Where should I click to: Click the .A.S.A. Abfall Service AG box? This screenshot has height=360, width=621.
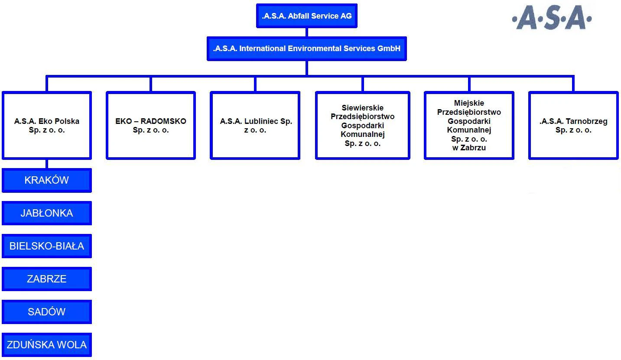tap(306, 16)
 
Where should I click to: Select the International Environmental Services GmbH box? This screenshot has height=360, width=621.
tap(306, 49)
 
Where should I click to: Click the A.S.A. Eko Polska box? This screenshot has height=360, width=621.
tap(47, 125)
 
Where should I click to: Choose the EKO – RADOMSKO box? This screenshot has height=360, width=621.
tap(151, 125)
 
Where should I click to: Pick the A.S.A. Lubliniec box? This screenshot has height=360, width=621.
tap(255, 125)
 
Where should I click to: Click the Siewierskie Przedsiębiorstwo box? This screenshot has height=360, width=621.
tap(363, 125)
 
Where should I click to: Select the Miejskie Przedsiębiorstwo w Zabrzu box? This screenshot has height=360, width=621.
tap(469, 125)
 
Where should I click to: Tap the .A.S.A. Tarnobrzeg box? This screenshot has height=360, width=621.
tap(573, 125)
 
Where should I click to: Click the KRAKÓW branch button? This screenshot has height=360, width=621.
tap(47, 180)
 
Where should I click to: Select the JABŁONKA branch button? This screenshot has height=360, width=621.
tap(47, 213)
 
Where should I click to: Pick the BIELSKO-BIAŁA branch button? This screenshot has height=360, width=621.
tap(47, 246)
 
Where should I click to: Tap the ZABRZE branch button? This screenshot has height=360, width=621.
tap(47, 279)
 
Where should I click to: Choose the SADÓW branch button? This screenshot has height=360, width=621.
tap(47, 312)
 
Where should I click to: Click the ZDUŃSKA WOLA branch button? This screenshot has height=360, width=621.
tap(47, 345)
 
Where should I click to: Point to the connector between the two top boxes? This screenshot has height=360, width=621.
tap(307, 32)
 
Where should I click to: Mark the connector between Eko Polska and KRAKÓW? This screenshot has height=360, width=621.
tap(47, 164)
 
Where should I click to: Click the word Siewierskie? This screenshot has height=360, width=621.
tap(362, 107)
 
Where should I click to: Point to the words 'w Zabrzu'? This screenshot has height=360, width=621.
tap(469, 148)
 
